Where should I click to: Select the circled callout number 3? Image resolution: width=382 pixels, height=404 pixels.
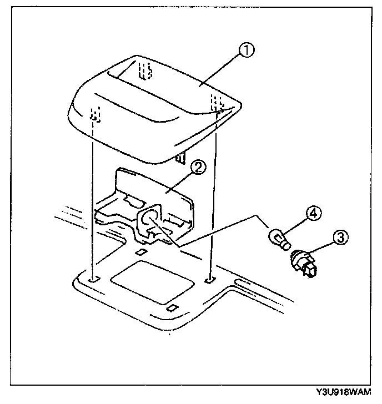pos(340,238)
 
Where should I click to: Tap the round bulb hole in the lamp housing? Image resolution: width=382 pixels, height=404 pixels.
pos(148,219)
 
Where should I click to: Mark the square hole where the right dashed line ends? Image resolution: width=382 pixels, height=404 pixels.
pos(208,281)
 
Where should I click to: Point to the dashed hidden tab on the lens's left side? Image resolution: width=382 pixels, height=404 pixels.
pos(95,115)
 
